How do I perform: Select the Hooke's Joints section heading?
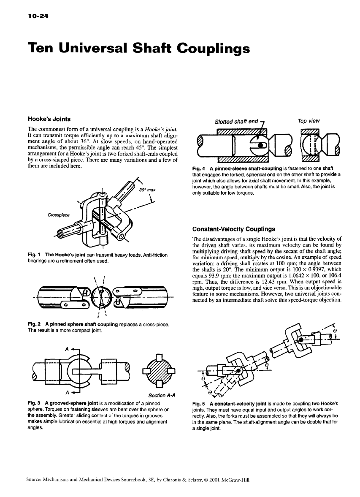pyautogui.click(x=49, y=119)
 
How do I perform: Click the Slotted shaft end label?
pyautogui.click(x=236, y=122)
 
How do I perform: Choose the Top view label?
pyautogui.click(x=309, y=121)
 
